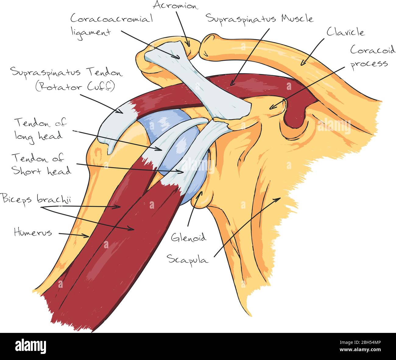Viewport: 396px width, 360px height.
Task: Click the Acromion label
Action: click(175, 5)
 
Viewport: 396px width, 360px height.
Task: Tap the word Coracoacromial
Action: click(111, 19)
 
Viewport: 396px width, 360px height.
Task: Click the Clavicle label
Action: click(345, 32)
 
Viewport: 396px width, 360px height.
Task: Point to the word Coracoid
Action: click(373, 50)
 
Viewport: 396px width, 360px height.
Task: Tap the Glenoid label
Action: click(189, 237)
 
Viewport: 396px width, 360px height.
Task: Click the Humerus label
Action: click(33, 233)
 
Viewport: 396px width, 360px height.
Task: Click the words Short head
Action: click(42, 171)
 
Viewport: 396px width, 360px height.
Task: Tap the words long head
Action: click(39, 136)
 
